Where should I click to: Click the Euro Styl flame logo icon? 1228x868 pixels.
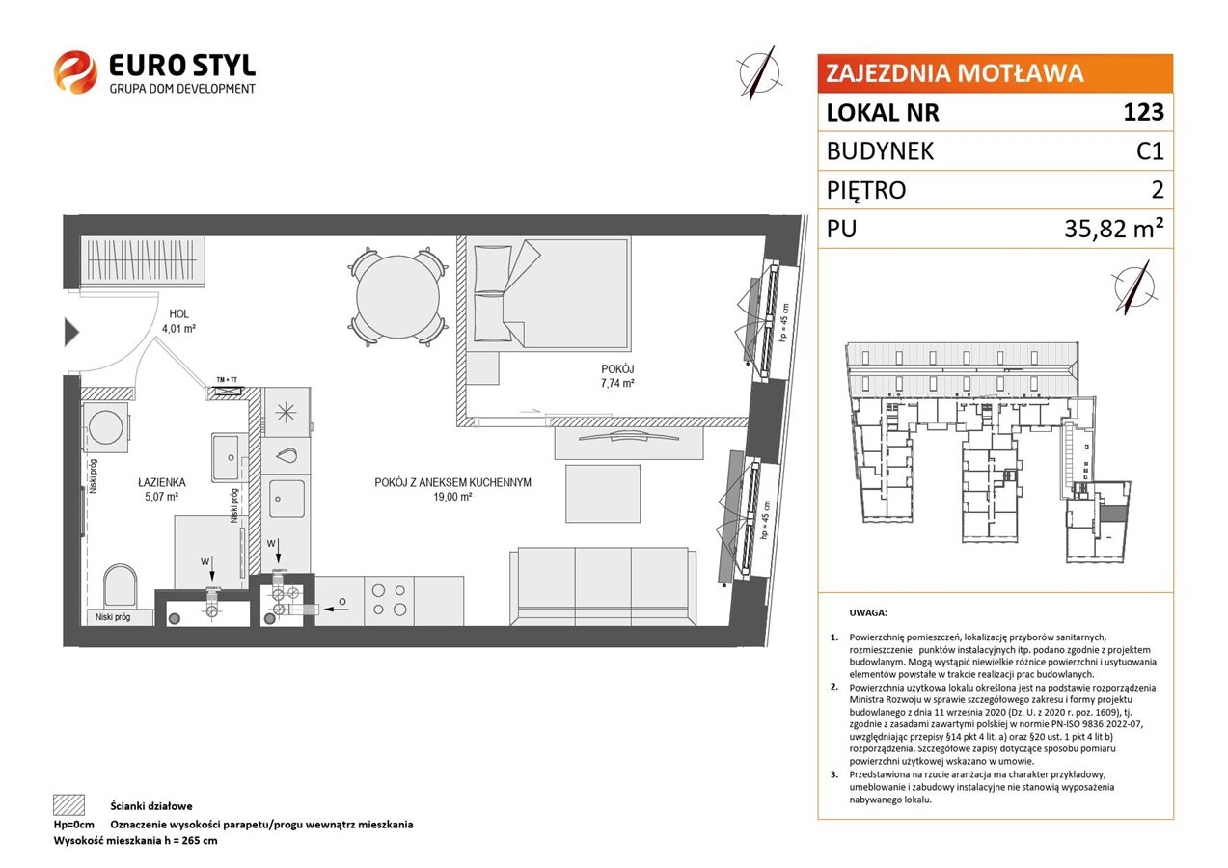75,72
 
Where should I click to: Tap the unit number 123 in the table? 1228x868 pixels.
1143,112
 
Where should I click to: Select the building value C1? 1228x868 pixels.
1150,150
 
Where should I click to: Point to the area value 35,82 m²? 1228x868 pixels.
1113,228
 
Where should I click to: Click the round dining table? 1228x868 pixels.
398,296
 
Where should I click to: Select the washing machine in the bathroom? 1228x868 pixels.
106,427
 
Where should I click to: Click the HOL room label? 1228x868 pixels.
178,314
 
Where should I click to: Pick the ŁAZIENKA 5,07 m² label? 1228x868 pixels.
162,489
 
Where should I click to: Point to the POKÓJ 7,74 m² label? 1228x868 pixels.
617,376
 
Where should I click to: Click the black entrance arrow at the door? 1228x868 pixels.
71,332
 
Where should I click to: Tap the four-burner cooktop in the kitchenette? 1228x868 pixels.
389,600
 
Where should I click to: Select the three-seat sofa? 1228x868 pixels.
603,585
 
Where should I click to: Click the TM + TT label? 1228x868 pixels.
227,380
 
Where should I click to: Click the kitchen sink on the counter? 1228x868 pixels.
287,499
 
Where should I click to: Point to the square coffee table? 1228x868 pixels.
603,494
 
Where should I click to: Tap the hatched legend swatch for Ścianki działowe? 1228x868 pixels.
69,805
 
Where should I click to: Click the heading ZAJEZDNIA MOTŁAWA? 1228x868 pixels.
954,73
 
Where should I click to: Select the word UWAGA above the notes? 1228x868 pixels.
868,612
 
